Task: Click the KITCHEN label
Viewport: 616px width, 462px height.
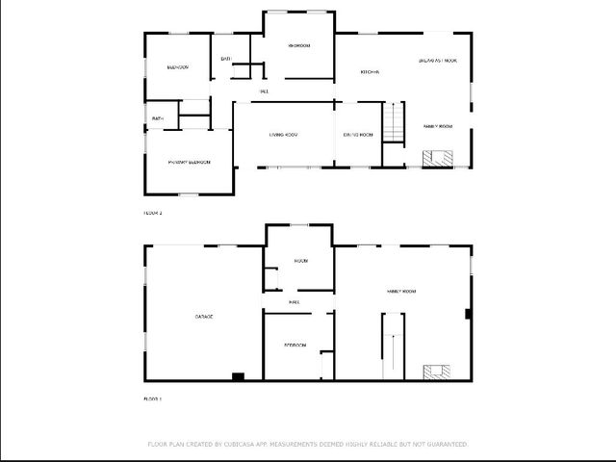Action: click(x=370, y=72)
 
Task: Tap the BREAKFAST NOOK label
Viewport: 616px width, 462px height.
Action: click(x=438, y=61)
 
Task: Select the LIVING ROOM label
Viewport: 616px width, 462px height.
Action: click(x=283, y=135)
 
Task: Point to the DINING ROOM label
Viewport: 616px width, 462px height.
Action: click(x=357, y=135)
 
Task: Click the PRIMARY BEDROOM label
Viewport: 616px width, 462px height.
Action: click(x=189, y=163)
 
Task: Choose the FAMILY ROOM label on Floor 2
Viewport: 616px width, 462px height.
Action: click(x=438, y=127)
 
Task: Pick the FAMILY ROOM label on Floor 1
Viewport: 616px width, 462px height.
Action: click(x=401, y=291)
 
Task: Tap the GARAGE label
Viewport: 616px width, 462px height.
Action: click(x=204, y=317)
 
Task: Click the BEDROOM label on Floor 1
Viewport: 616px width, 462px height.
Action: click(x=295, y=345)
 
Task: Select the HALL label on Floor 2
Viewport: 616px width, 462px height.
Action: click(x=264, y=91)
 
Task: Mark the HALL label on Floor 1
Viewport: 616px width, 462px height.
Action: click(x=295, y=302)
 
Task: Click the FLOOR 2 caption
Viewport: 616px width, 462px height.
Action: click(x=153, y=213)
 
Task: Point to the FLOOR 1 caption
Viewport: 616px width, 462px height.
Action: click(x=153, y=398)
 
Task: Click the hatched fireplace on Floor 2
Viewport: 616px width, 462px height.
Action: click(x=439, y=159)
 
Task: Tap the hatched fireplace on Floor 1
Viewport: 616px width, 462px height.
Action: click(x=437, y=372)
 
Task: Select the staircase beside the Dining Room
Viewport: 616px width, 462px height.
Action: click(x=393, y=123)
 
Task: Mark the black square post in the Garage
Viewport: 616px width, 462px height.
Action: click(x=238, y=375)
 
